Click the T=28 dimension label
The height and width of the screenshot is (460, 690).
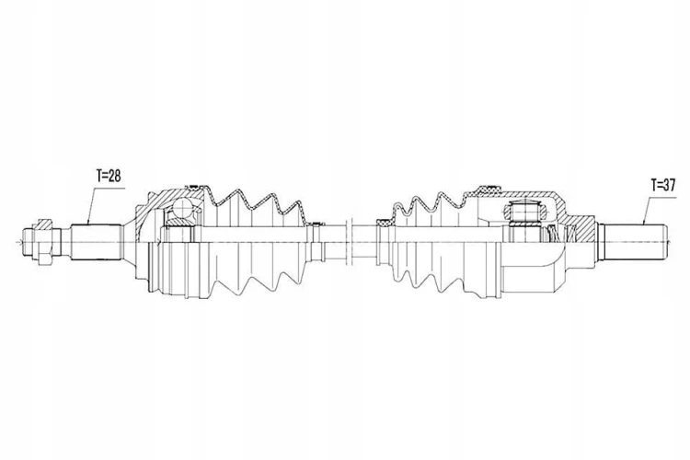tap(109, 176)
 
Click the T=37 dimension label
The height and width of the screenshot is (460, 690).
tap(663, 185)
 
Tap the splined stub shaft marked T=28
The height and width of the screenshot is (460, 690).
tap(97, 242)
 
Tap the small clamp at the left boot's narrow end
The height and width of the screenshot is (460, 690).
tap(316, 224)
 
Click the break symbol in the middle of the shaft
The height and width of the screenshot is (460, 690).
tap(351, 241)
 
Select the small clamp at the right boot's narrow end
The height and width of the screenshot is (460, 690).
tap(383, 223)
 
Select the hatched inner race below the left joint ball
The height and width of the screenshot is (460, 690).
tap(179, 222)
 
